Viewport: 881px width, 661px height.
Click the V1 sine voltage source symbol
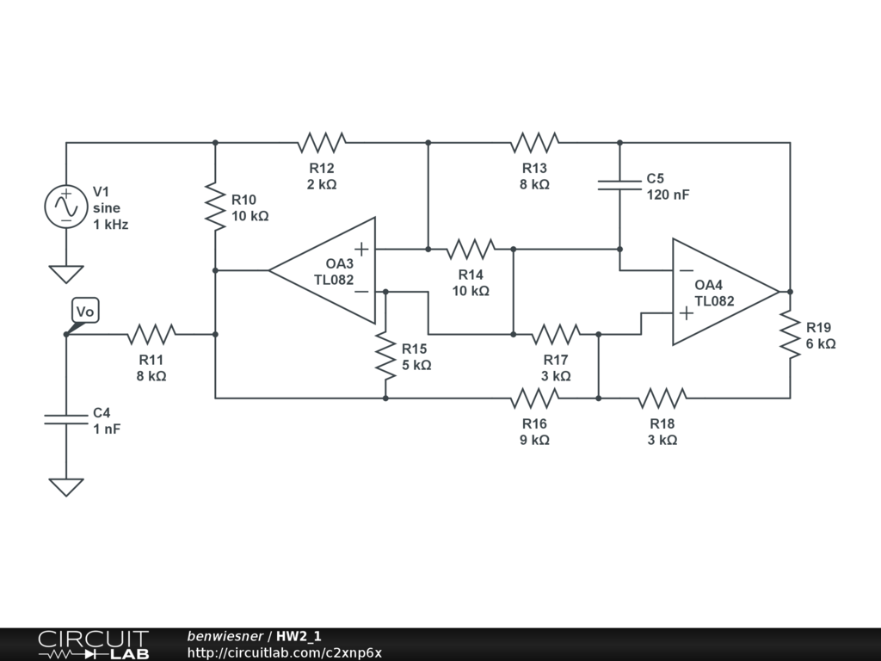click(66, 207)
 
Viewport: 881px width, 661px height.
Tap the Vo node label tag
click(84, 312)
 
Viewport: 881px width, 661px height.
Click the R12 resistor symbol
click(322, 142)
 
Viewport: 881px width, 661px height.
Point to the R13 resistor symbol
click(534, 142)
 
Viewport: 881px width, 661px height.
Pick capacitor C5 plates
click(619, 184)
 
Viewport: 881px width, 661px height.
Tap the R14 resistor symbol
click(471, 250)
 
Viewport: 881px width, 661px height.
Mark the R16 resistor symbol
click(534, 398)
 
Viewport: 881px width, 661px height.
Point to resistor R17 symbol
click(556, 334)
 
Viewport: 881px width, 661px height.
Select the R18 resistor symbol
click(662, 398)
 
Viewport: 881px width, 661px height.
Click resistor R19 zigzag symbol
click(790, 334)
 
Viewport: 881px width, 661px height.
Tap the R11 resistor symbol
click(151, 334)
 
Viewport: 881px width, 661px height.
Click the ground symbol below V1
click(66, 275)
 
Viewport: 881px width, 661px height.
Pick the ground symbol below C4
click(66, 487)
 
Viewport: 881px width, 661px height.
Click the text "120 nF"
click(668, 195)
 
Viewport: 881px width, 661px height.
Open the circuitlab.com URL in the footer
click(285, 652)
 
